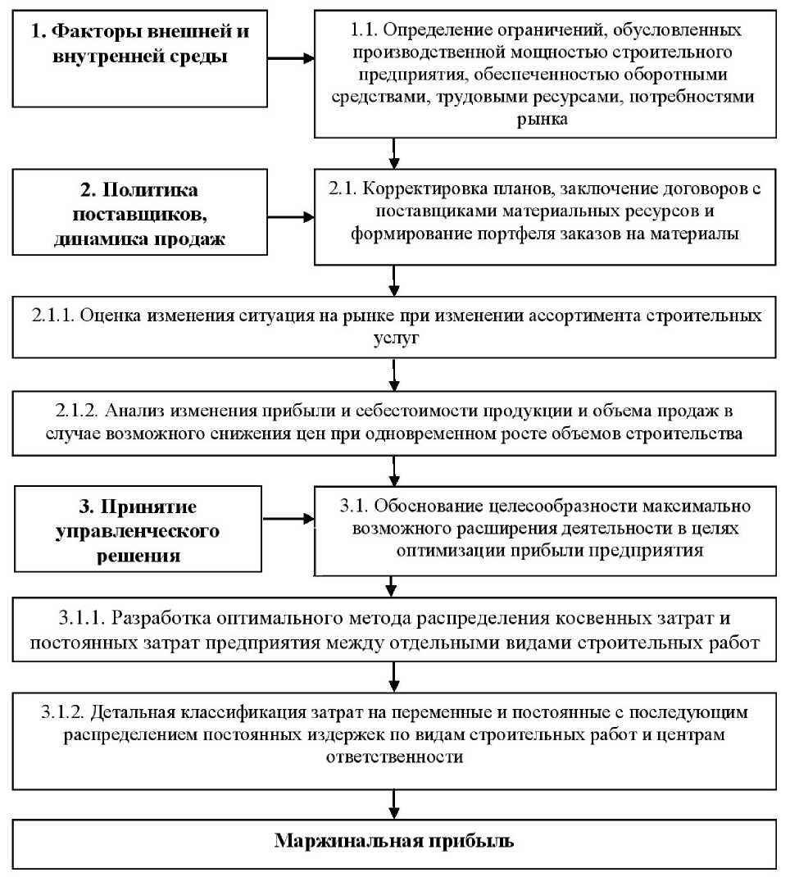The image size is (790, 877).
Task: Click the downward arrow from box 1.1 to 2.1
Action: [395, 151]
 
